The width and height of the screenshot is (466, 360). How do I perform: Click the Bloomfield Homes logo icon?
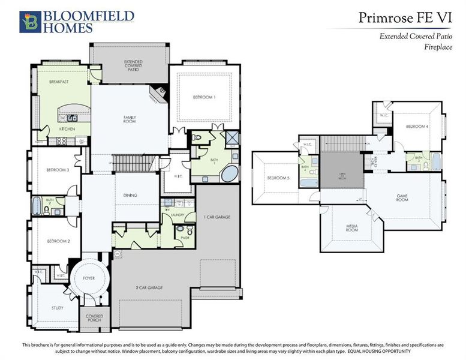click(x=29, y=21)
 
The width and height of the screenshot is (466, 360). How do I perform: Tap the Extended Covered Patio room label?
click(x=133, y=65)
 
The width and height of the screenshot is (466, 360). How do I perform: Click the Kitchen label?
click(x=67, y=129)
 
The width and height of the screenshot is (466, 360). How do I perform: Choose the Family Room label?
click(x=130, y=119)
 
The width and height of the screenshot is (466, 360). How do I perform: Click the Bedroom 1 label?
click(x=204, y=97)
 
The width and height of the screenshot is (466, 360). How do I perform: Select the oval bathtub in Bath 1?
click(x=229, y=175)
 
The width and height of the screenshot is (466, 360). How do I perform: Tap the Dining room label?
click(x=131, y=195)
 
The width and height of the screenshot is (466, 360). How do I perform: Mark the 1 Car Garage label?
click(x=217, y=217)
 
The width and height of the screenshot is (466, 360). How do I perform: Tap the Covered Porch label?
click(x=94, y=318)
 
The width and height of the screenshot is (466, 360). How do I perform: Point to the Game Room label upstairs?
click(x=402, y=197)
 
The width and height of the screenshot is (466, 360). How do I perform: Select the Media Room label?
click(x=352, y=228)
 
